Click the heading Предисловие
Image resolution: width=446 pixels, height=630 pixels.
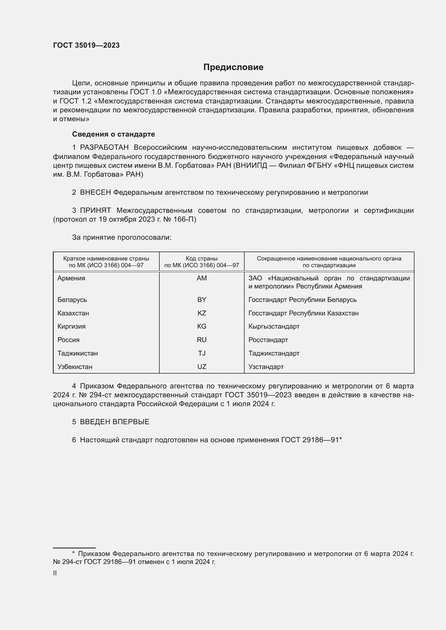point(233,67)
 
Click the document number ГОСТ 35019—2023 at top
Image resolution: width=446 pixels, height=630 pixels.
point(86,45)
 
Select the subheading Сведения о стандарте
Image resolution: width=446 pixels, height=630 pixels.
point(114,134)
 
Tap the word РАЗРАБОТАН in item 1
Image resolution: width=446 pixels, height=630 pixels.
point(104,148)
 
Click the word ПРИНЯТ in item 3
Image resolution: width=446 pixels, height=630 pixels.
point(95,210)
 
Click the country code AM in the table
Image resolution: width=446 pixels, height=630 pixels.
point(202,278)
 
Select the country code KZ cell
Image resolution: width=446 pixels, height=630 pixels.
point(202,313)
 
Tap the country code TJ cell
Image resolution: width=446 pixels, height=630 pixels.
point(202,353)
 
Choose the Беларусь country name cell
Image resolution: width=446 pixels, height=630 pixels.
point(72,300)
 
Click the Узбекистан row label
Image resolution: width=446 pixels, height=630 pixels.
point(75,367)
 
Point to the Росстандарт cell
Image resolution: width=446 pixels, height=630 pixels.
point(268,340)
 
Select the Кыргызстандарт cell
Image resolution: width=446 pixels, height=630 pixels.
point(274,326)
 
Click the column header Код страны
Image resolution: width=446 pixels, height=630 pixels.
point(202,259)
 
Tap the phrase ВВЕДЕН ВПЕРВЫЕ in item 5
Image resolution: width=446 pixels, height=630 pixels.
point(115,422)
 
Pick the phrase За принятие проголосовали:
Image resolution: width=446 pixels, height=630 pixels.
point(122,237)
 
